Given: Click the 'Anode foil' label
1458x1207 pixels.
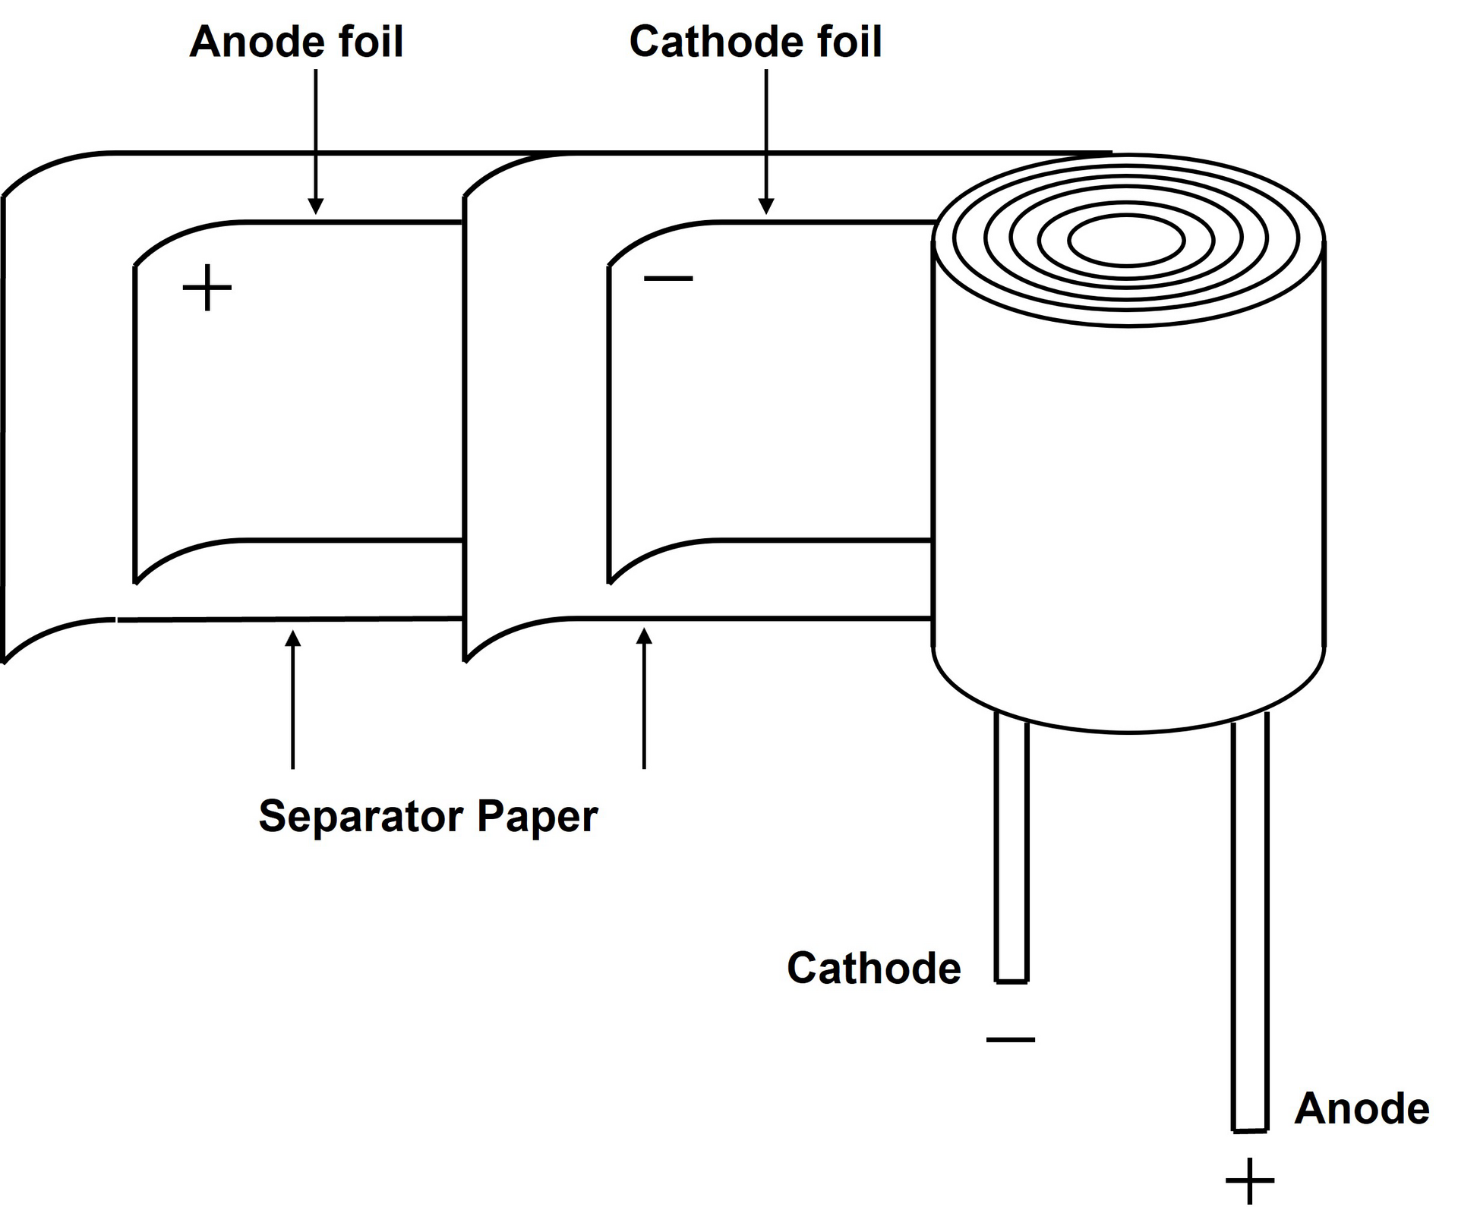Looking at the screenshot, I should click(x=296, y=42).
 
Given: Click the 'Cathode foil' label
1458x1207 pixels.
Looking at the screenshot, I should click(x=756, y=42).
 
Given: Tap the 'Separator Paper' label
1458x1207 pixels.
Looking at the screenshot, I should click(x=428, y=817).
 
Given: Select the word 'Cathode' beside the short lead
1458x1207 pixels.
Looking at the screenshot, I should click(x=873, y=969).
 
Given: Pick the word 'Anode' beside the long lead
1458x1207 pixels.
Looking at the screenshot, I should click(x=1362, y=1109).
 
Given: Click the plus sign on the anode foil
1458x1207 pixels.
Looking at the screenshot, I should click(x=207, y=288).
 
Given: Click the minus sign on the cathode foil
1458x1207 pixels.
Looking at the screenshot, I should click(x=668, y=279).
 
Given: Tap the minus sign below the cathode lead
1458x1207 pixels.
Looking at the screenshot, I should click(x=1010, y=1039).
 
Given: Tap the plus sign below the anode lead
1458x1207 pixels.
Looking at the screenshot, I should click(x=1250, y=1181).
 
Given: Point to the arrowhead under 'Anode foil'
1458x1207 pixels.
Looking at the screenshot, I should click(x=316, y=206).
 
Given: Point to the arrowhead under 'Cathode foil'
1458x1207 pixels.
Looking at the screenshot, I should click(x=766, y=206).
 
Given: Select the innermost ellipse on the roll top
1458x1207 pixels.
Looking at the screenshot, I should click(x=1126, y=240).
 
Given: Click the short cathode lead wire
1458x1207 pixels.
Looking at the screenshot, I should click(x=1011, y=850).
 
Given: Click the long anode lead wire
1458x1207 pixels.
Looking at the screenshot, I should click(x=1250, y=926).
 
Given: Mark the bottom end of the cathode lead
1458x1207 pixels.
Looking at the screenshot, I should click(x=1011, y=980).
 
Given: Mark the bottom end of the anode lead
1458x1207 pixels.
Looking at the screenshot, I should click(x=1250, y=1129).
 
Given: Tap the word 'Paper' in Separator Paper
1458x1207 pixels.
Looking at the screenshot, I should click(x=537, y=817).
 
